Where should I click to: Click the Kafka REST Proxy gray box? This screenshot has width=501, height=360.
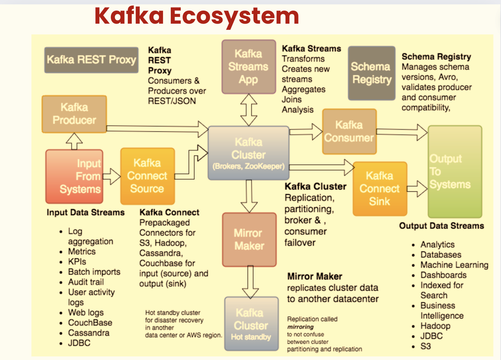(91, 60)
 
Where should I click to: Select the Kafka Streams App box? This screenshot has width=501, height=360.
(249, 67)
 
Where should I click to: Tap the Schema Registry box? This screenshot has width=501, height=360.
(371, 73)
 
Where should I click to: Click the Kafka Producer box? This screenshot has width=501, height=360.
(74, 114)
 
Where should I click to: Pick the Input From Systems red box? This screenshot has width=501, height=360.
(74, 176)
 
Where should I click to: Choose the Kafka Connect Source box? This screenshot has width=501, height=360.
(147, 176)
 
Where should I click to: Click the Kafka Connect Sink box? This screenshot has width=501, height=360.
(380, 189)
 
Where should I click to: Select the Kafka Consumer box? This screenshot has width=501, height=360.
(349, 131)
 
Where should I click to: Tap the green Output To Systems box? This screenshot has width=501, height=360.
(455, 172)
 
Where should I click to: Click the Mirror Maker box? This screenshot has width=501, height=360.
(249, 239)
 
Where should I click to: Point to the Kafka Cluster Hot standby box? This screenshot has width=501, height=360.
(251, 324)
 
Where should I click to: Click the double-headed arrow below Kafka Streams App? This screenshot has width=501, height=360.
(249, 110)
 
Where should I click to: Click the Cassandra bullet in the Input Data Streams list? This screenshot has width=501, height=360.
(89, 333)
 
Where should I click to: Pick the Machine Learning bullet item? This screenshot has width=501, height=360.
(454, 265)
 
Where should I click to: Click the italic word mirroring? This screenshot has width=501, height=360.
(300, 327)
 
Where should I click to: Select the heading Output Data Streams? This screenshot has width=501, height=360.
(441, 226)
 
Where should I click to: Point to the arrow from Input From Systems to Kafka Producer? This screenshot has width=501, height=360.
(74, 141)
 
